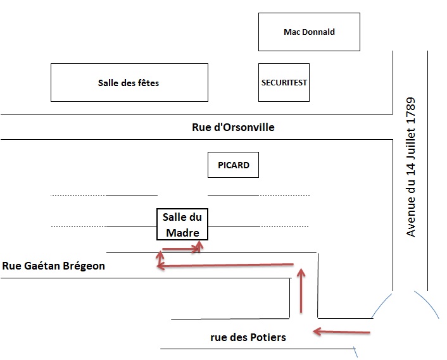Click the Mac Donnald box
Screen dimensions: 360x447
[309, 32]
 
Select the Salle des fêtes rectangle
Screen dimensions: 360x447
[129, 83]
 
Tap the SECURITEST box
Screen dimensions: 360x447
[284, 83]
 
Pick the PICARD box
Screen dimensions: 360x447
[234, 166]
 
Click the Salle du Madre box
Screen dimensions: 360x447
[182, 225]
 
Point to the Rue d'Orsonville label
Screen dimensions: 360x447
[233, 127]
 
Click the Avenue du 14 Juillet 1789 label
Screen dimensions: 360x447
[411, 167]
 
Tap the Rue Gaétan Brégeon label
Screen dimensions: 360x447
[54, 266]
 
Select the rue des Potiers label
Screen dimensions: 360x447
[248, 337]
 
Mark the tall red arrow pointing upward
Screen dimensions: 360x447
[301, 290]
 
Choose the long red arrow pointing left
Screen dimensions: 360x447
[225, 266]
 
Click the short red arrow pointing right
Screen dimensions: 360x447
[182, 249]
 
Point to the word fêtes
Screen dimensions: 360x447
[148, 83]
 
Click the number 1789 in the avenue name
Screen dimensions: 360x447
[411, 111]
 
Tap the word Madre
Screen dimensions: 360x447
[182, 233]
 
